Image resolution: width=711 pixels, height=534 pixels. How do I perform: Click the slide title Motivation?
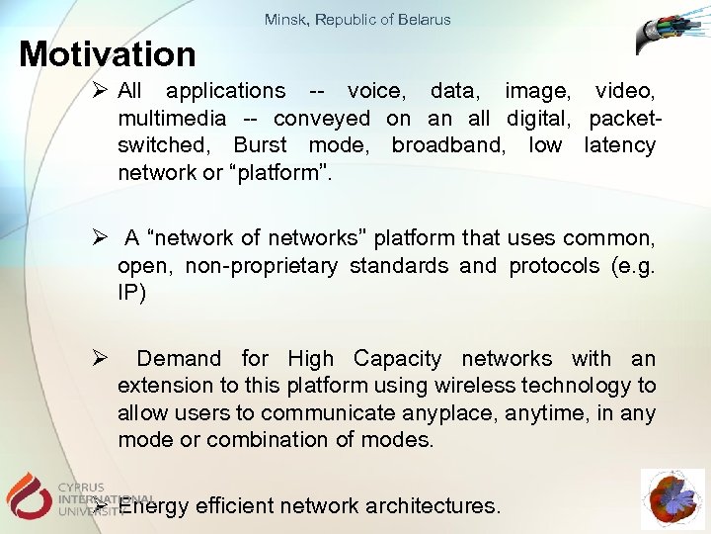pyautogui.click(x=108, y=53)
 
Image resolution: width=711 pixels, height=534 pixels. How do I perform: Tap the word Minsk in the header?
pyautogui.click(x=286, y=19)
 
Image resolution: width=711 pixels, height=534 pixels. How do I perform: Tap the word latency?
pyautogui.click(x=619, y=145)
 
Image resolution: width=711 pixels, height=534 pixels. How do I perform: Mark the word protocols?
pyautogui.click(x=553, y=266)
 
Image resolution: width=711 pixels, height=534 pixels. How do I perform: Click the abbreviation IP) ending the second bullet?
pyautogui.click(x=131, y=294)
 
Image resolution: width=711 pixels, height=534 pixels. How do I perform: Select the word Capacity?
pyautogui.click(x=397, y=358)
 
